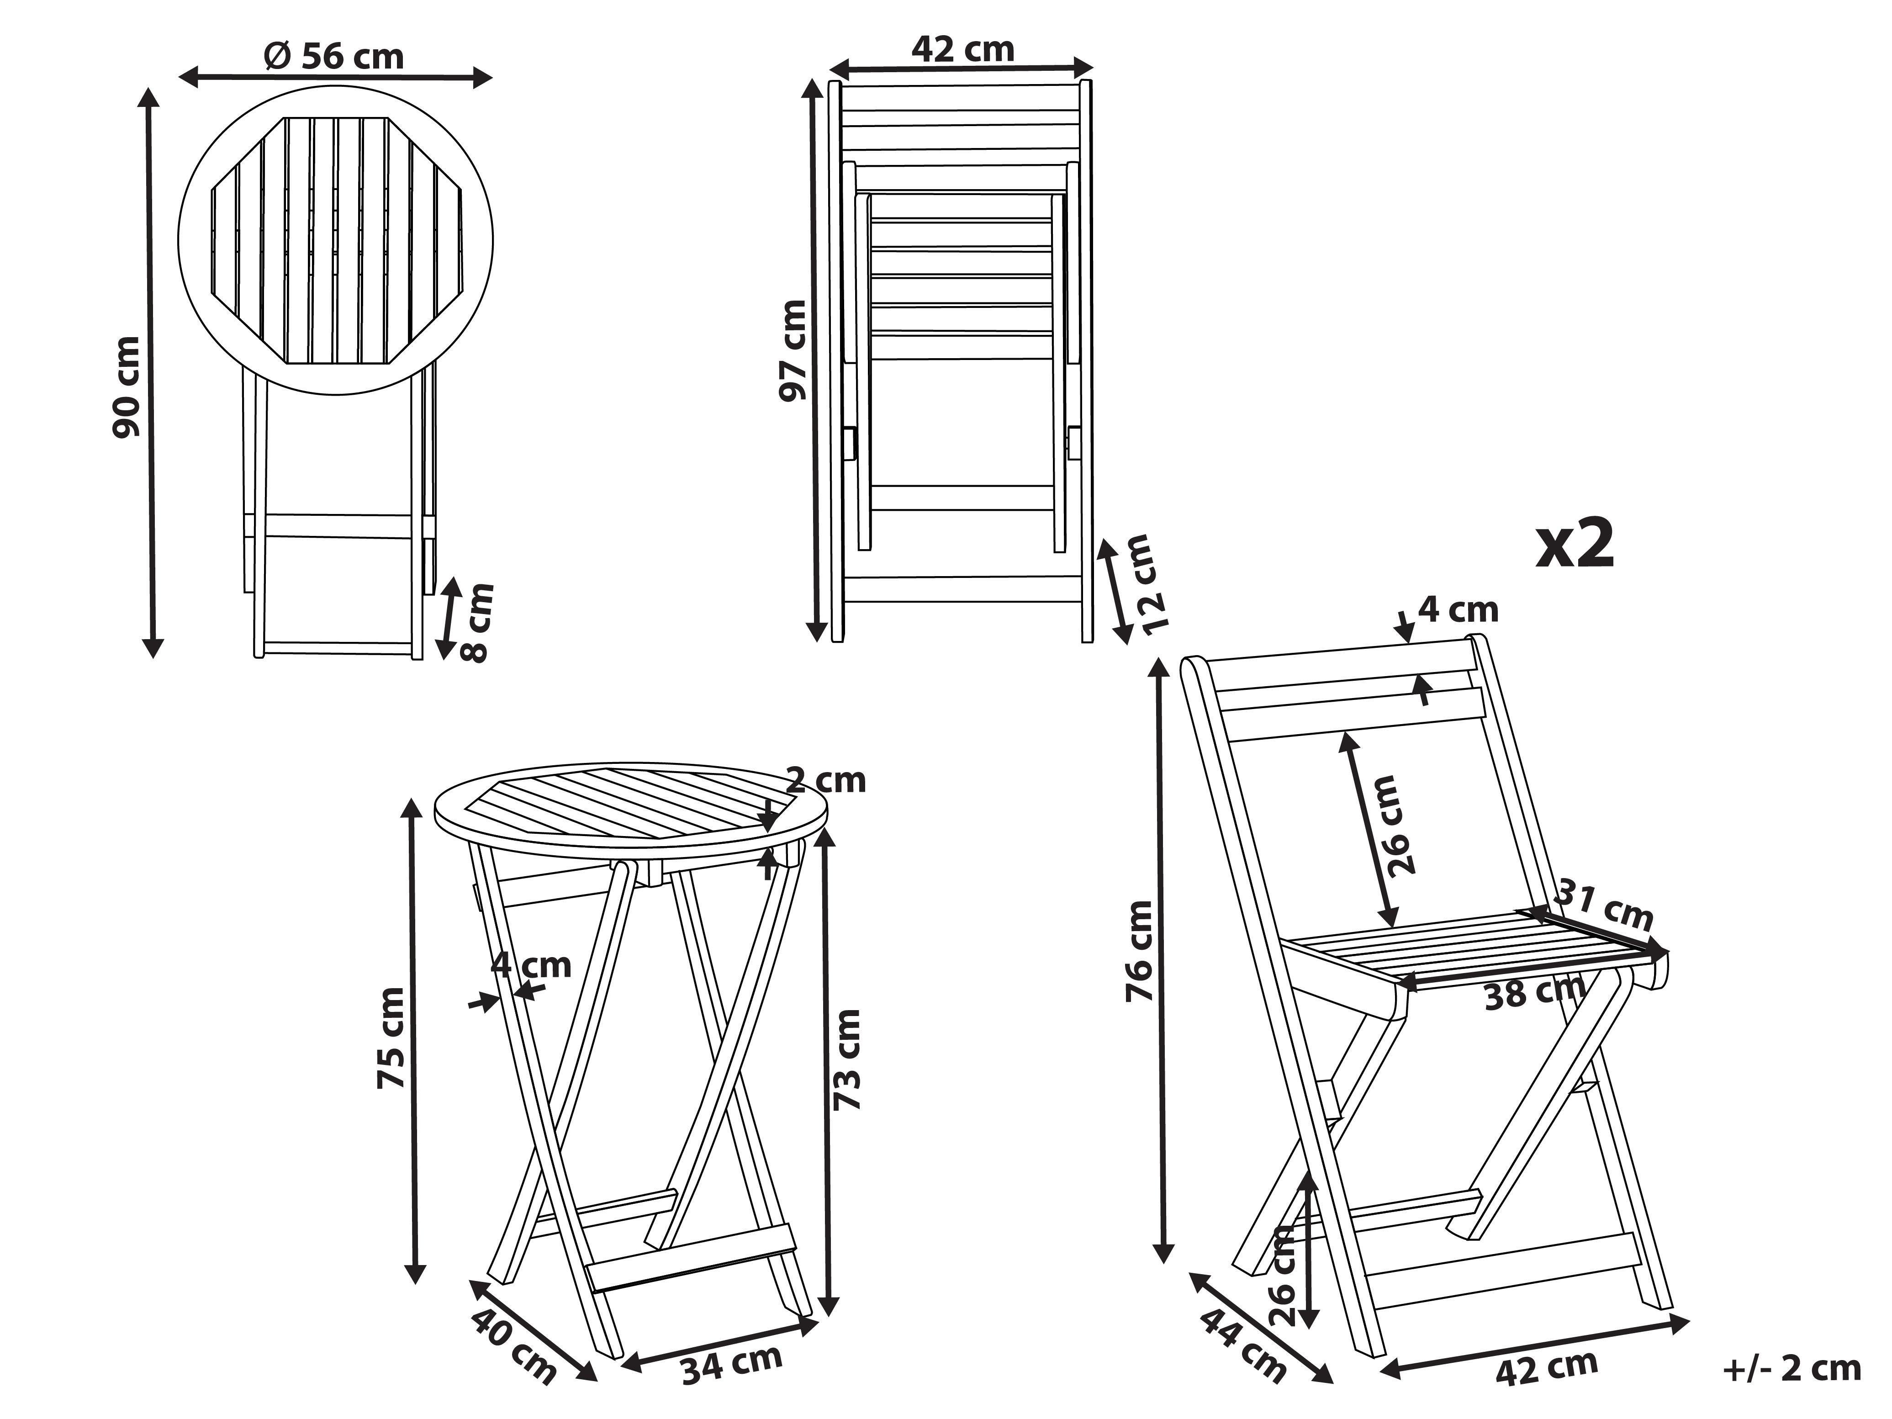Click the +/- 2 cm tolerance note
coord(1792,1369)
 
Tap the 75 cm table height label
coord(392,1038)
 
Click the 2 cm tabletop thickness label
coord(825,780)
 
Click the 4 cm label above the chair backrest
coord(1459,610)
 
